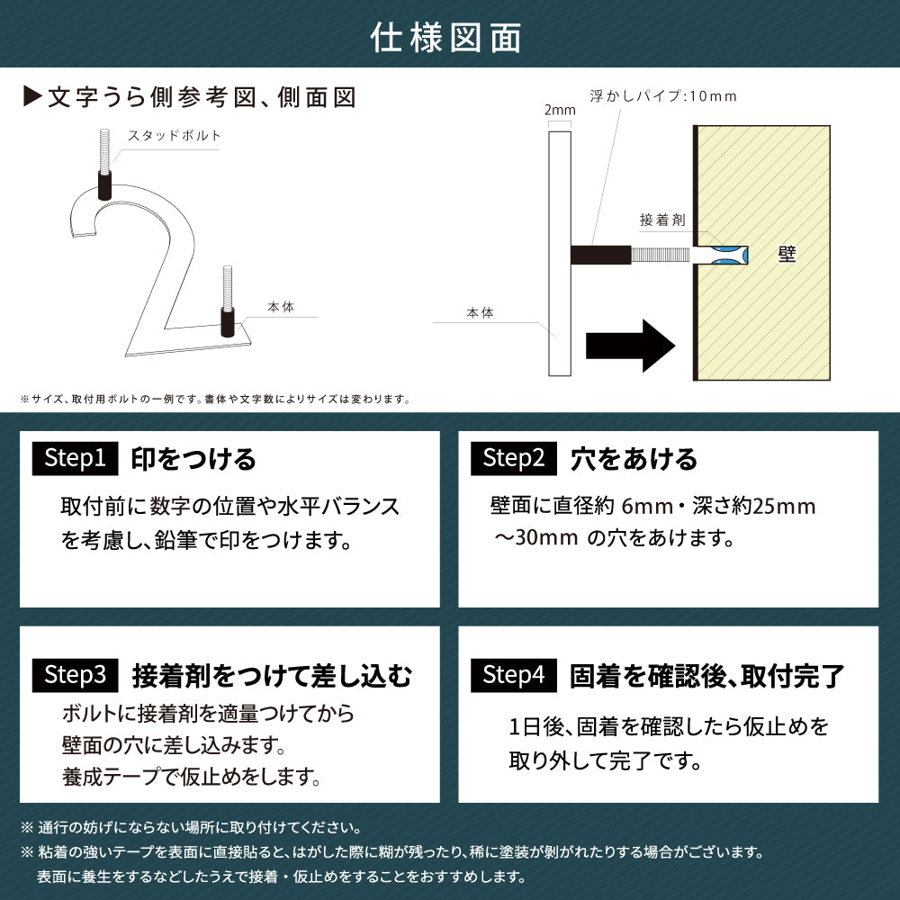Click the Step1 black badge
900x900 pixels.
[76, 459]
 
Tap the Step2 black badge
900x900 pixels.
[514, 459]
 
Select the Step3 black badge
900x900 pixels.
[76, 674]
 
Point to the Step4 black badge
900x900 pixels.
[514, 674]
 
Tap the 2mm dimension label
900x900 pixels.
[559, 110]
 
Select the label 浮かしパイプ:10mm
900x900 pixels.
[662, 95]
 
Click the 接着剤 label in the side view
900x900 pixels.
[662, 220]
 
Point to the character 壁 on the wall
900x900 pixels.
[786, 255]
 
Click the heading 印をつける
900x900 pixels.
[193, 459]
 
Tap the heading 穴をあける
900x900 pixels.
[634, 459]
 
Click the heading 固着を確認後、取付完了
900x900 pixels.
[706, 674]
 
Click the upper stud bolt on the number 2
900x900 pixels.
[104, 163]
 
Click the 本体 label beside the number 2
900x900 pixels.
[281, 308]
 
